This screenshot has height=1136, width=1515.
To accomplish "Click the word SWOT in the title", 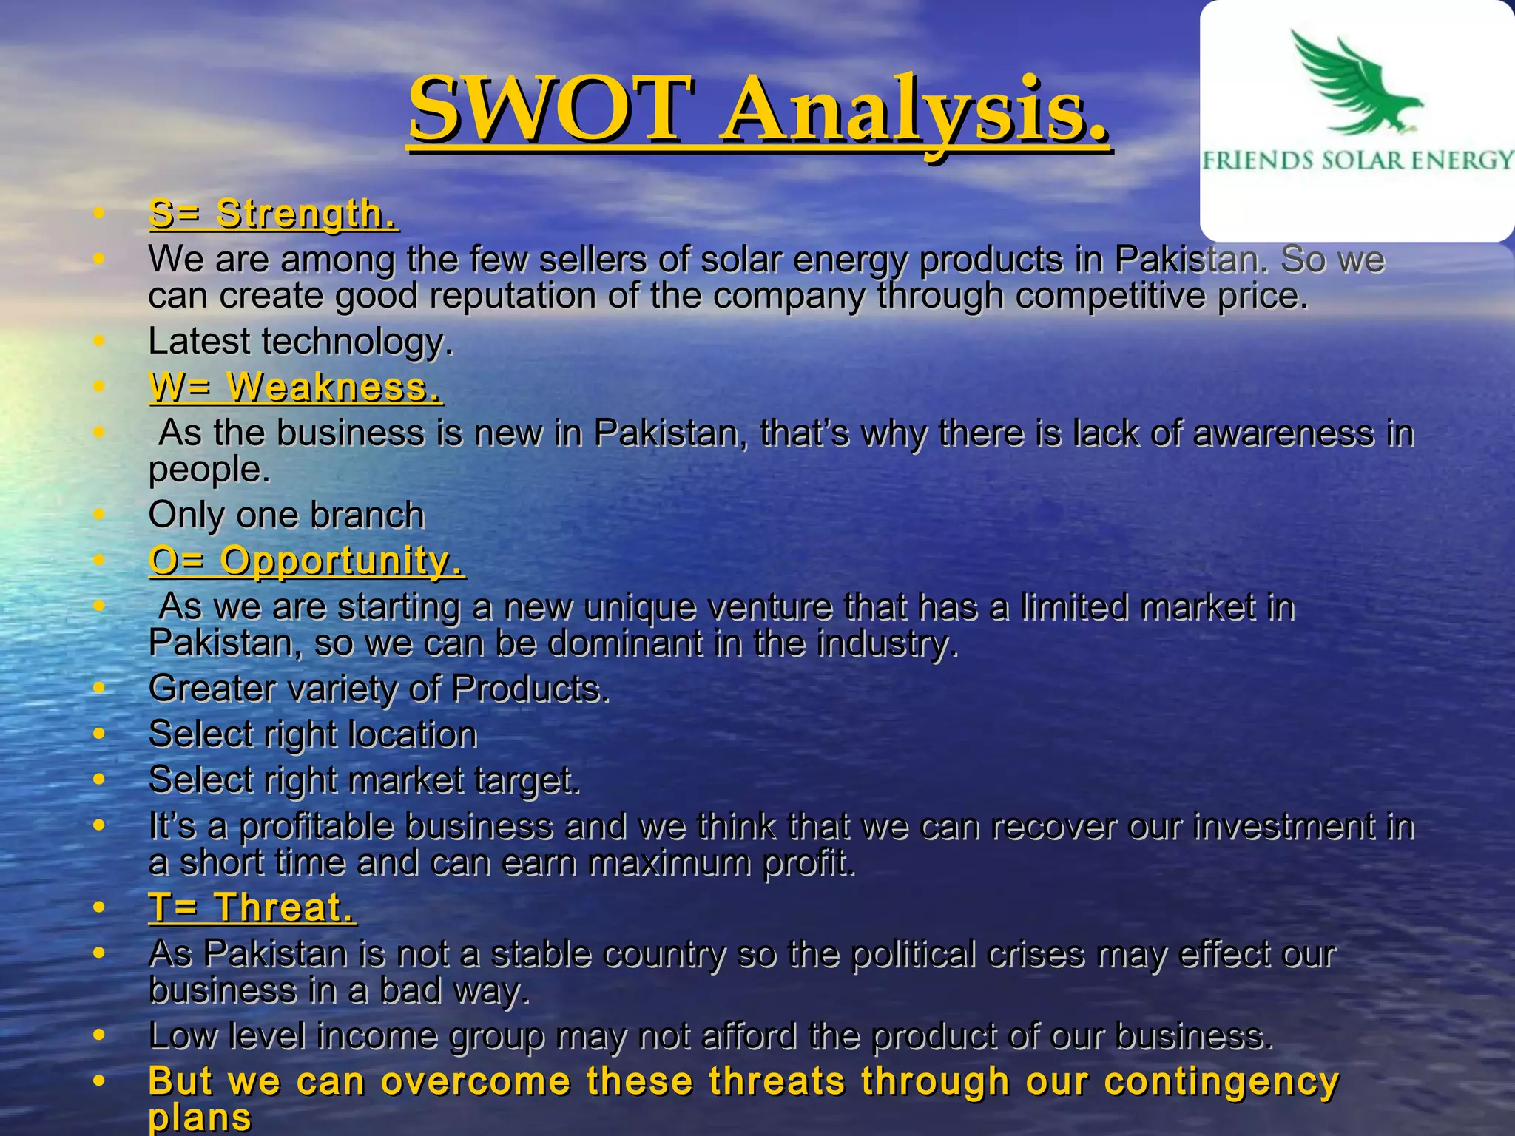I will [552, 109].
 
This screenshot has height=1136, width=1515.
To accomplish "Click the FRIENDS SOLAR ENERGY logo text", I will [1357, 160].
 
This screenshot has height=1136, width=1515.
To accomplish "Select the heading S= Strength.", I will [273, 214].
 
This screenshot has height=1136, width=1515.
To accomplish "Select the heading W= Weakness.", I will [295, 387].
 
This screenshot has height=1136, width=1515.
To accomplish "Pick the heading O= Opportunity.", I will [306, 561].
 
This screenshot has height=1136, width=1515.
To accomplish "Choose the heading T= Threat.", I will [252, 907].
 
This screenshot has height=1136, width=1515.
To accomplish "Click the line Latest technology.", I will [300, 342].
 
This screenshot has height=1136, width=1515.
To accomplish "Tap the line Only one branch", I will [286, 515].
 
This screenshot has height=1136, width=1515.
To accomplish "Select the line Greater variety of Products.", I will [379, 689].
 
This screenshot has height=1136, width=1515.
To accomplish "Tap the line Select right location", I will [313, 734].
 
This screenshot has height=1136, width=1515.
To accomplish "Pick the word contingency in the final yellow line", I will [1221, 1081].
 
